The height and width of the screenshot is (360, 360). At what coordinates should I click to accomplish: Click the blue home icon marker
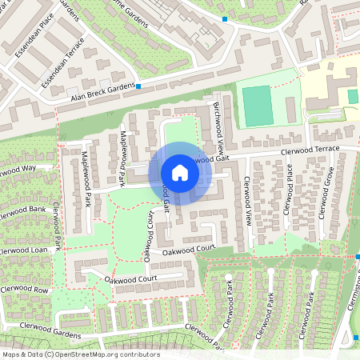pos(180,173)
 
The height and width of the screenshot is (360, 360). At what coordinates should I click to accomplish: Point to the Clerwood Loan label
pos(22,250)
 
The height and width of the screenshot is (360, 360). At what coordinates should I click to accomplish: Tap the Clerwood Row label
pos(24,289)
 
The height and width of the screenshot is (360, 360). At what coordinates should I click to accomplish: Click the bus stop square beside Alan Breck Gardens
pos(138,86)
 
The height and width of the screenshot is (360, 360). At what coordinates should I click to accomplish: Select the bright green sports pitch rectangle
pos(257,106)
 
